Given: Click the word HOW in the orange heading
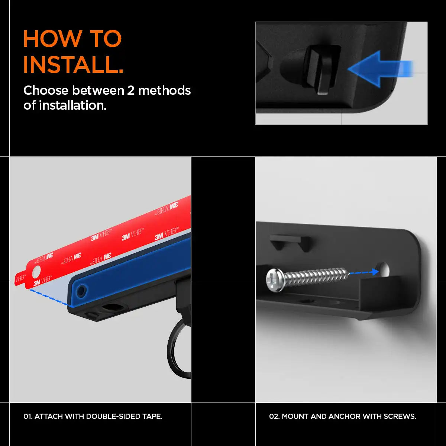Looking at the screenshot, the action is [53, 38].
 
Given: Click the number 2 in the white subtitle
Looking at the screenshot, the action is [131, 90].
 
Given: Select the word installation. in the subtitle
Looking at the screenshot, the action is [73, 105].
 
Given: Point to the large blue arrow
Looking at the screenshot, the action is [380, 69].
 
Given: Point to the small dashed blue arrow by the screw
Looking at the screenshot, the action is [363, 273].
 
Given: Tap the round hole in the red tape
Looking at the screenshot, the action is [36, 272].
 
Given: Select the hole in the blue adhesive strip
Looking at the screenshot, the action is [81, 291].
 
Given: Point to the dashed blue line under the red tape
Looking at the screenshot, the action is [49, 297].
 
